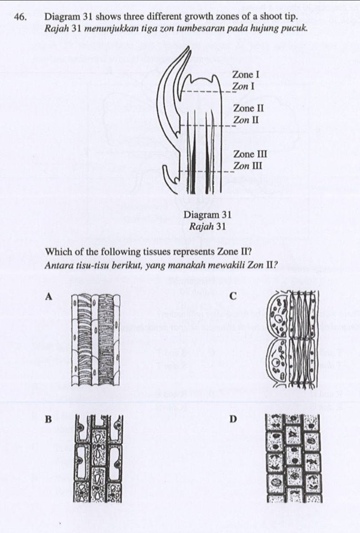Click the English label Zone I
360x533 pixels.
tap(245, 74)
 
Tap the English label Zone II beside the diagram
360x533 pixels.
tap(248, 108)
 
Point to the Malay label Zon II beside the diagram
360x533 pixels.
tap(246, 120)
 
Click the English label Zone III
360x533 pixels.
tap(250, 154)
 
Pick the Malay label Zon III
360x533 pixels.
tap(247, 166)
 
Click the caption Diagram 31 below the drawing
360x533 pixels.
tap(207, 215)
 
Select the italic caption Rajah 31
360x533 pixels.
tap(207, 226)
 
